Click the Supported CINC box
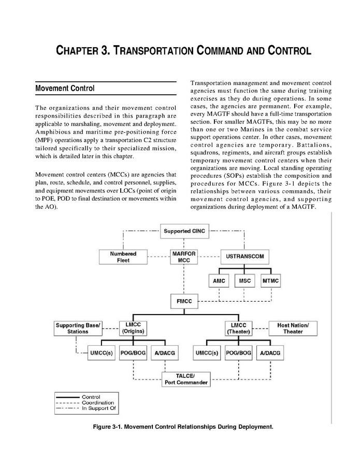(185, 231)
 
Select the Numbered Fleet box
(123, 257)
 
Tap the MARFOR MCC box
(185, 257)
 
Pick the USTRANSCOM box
(245, 256)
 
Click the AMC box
(219, 281)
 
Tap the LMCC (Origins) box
(133, 328)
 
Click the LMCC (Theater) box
(238, 328)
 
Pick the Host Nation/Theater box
(293, 328)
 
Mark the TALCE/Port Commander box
(185, 379)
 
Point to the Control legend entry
(91, 397)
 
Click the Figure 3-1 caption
(182, 427)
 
